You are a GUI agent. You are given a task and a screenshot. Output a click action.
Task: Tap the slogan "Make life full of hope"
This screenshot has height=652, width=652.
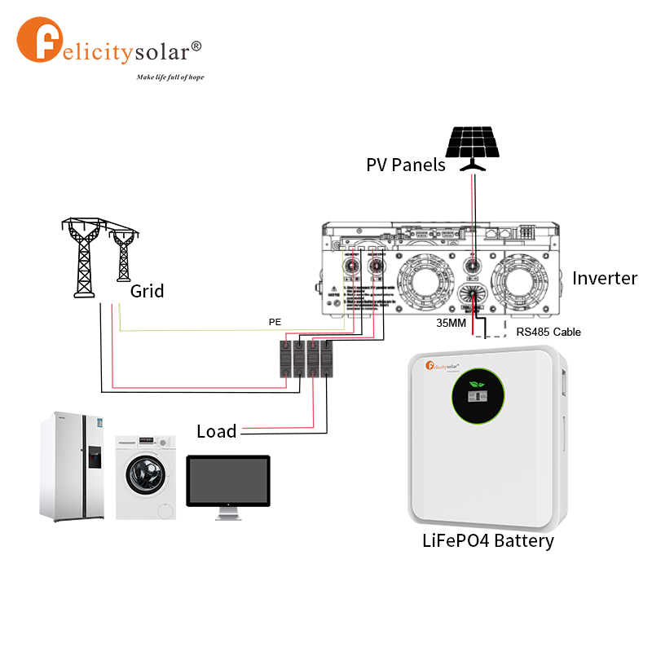[170, 77]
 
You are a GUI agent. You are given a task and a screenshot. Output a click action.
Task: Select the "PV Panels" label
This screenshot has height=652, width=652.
[406, 165]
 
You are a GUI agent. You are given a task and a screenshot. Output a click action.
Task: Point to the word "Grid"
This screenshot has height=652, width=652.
[148, 291]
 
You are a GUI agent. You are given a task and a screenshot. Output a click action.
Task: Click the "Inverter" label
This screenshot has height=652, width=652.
[605, 278]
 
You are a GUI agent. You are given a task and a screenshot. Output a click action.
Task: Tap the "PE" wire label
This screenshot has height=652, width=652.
[275, 322]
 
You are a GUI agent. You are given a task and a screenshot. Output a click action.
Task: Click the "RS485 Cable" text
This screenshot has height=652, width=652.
[548, 333]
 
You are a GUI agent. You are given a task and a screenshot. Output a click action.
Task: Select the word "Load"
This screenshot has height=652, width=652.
[217, 431]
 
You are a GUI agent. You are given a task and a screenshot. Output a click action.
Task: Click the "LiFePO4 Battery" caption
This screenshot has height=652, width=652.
[488, 540]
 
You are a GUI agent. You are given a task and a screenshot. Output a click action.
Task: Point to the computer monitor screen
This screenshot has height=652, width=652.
[228, 481]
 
